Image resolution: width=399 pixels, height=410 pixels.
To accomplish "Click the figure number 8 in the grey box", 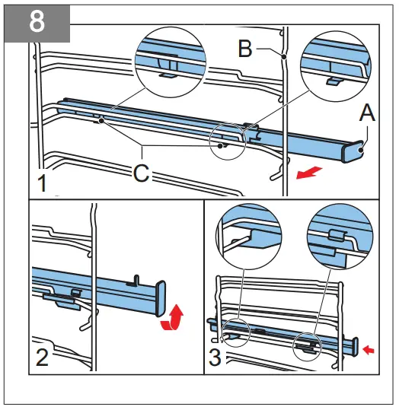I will click(x=36, y=21).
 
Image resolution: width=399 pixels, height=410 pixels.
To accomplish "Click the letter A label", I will click(x=367, y=114).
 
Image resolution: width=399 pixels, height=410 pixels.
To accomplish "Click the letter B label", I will click(x=245, y=49).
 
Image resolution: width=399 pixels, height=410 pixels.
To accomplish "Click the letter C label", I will click(x=141, y=173).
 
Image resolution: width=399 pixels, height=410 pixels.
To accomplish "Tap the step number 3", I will click(x=217, y=358).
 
